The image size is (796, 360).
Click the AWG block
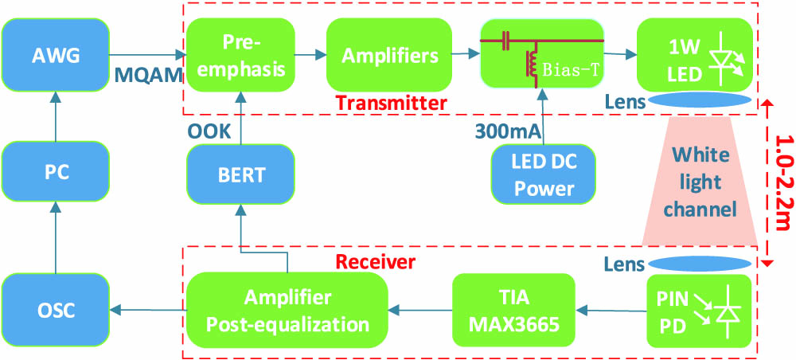tap(56, 54)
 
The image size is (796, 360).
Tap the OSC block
tap(56, 308)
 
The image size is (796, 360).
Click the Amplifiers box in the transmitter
tap(389, 55)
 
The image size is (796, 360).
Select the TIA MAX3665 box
tap(513, 308)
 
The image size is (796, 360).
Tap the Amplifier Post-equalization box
tap(287, 308)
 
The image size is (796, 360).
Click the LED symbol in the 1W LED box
tap(728, 60)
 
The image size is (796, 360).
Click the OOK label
tap(209, 131)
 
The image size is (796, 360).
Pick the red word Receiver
tap(376, 262)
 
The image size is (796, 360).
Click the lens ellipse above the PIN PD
tap(700, 264)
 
